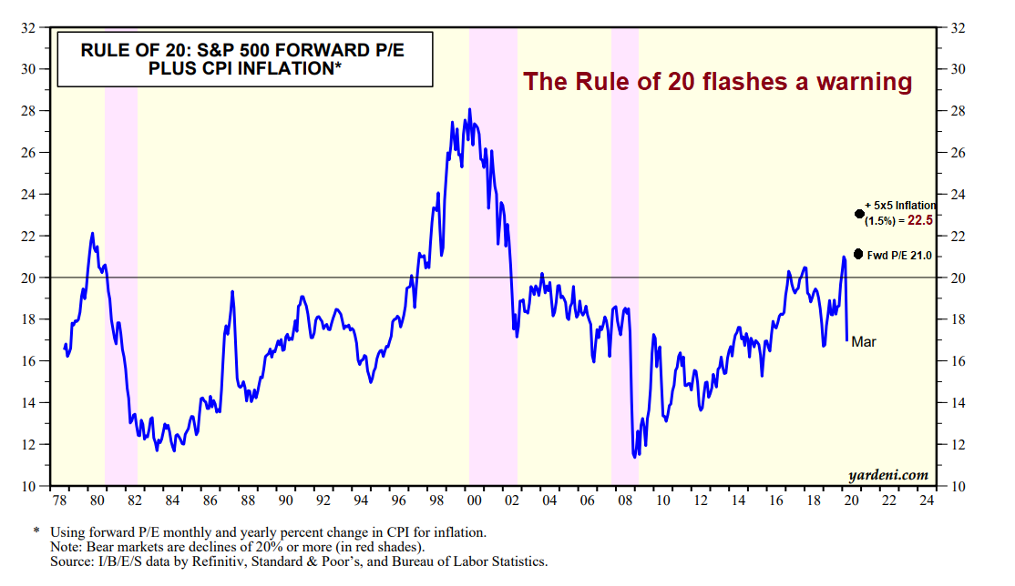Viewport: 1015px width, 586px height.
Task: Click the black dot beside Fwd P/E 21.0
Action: click(858, 254)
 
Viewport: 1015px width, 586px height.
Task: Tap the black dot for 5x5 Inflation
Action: click(859, 214)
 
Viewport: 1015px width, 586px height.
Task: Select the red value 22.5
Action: click(921, 220)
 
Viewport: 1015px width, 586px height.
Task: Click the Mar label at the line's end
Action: click(864, 341)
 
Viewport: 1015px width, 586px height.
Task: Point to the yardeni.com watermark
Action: click(888, 474)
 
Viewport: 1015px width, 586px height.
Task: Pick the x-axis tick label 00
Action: click(474, 500)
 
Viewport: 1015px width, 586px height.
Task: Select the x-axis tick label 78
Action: click(59, 500)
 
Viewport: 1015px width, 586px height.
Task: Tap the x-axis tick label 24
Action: click(928, 500)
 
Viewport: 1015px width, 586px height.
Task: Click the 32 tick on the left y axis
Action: click(29, 27)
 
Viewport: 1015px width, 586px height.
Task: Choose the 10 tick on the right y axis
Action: click(957, 486)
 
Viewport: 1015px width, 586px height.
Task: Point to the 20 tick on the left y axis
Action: click(29, 278)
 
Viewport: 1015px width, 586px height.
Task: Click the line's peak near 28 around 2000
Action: click(469, 110)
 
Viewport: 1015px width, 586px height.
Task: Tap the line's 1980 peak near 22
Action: click(92, 234)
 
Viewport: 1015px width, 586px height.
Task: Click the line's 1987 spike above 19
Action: click(232, 292)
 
